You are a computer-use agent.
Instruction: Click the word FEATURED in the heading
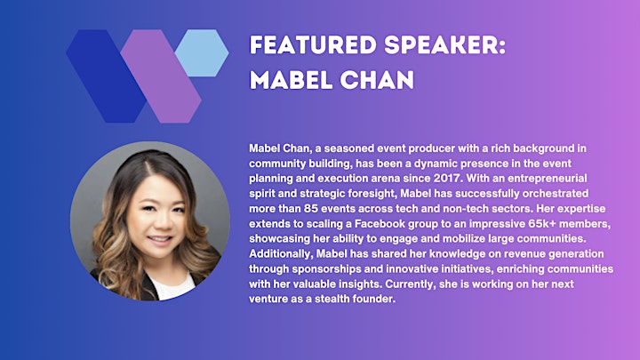pyautogui.click(x=313, y=45)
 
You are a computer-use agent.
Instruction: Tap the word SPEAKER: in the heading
pyautogui.click(x=445, y=45)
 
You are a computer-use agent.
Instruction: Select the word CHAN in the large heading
pyautogui.click(x=377, y=80)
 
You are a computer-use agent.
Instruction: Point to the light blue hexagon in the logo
pyautogui.click(x=202, y=53)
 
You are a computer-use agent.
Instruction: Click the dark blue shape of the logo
pyautogui.click(x=106, y=76)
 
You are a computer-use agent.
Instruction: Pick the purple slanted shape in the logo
pyautogui.click(x=161, y=76)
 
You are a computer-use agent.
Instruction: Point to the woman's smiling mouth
pyautogui.click(x=160, y=239)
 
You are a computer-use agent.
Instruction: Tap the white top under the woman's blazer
pyautogui.click(x=172, y=287)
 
